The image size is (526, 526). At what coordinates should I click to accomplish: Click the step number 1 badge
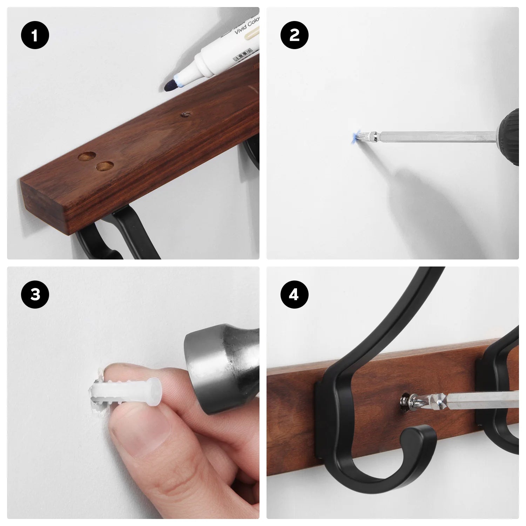(x=35, y=35)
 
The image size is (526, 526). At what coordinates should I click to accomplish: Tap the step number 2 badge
(x=295, y=35)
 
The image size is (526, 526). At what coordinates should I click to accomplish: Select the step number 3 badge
(x=35, y=295)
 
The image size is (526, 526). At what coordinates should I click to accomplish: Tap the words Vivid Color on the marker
(x=247, y=27)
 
